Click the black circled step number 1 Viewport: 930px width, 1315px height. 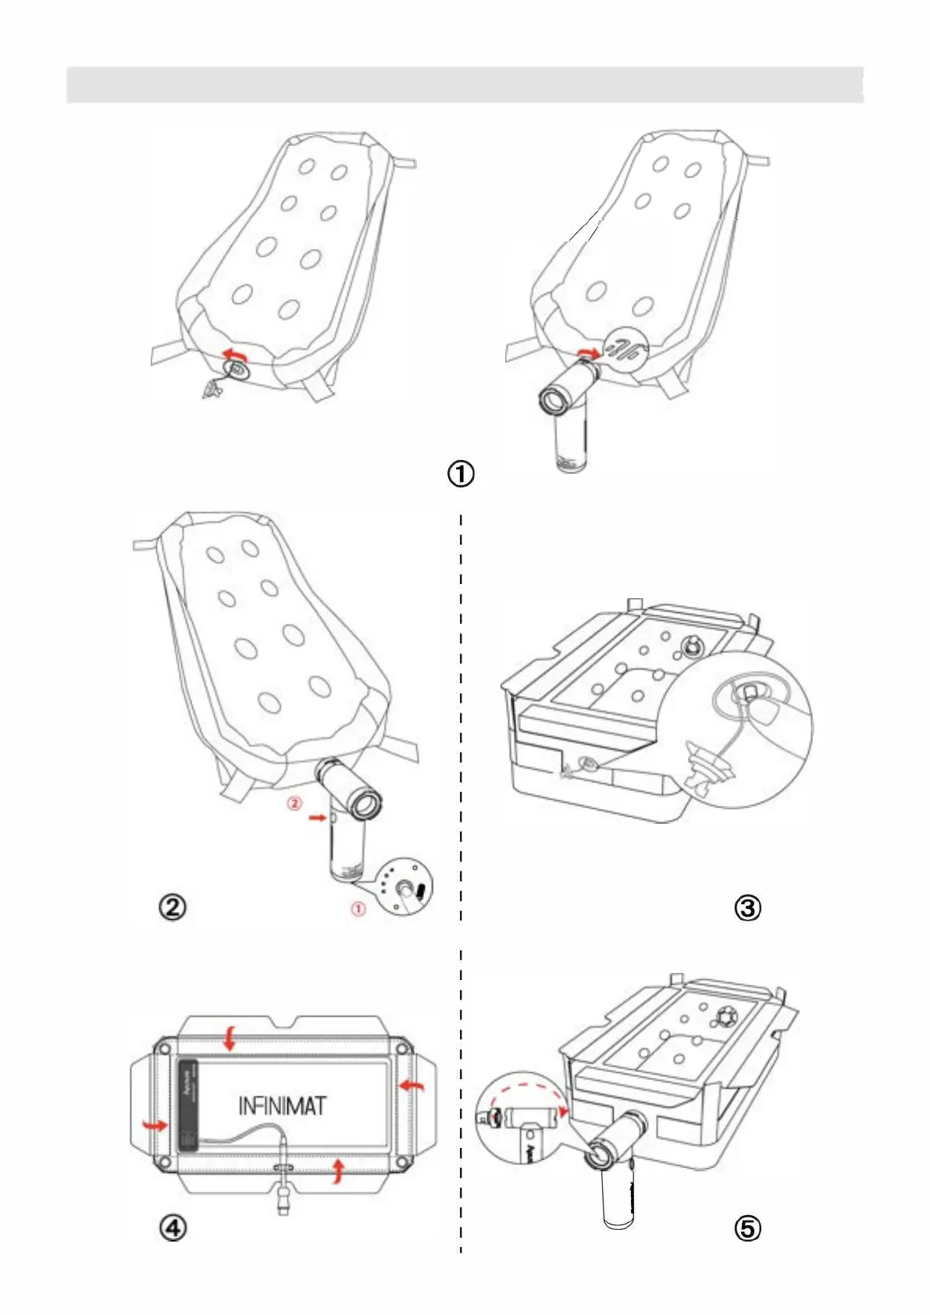click(x=461, y=473)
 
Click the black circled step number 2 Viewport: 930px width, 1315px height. click(x=173, y=907)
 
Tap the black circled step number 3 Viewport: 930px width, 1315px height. click(x=747, y=907)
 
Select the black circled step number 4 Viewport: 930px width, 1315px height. click(x=173, y=1228)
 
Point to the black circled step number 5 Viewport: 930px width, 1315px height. click(x=747, y=1228)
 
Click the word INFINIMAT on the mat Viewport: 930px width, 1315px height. click(x=282, y=1105)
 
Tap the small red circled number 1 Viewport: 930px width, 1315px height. click(x=358, y=909)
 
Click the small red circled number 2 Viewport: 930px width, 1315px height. click(x=294, y=803)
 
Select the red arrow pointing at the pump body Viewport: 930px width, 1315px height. click(x=316, y=818)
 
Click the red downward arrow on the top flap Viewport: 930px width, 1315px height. click(x=230, y=1039)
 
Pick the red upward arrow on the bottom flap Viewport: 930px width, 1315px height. click(x=337, y=1171)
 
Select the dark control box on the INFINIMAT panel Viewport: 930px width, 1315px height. click(x=188, y=1103)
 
